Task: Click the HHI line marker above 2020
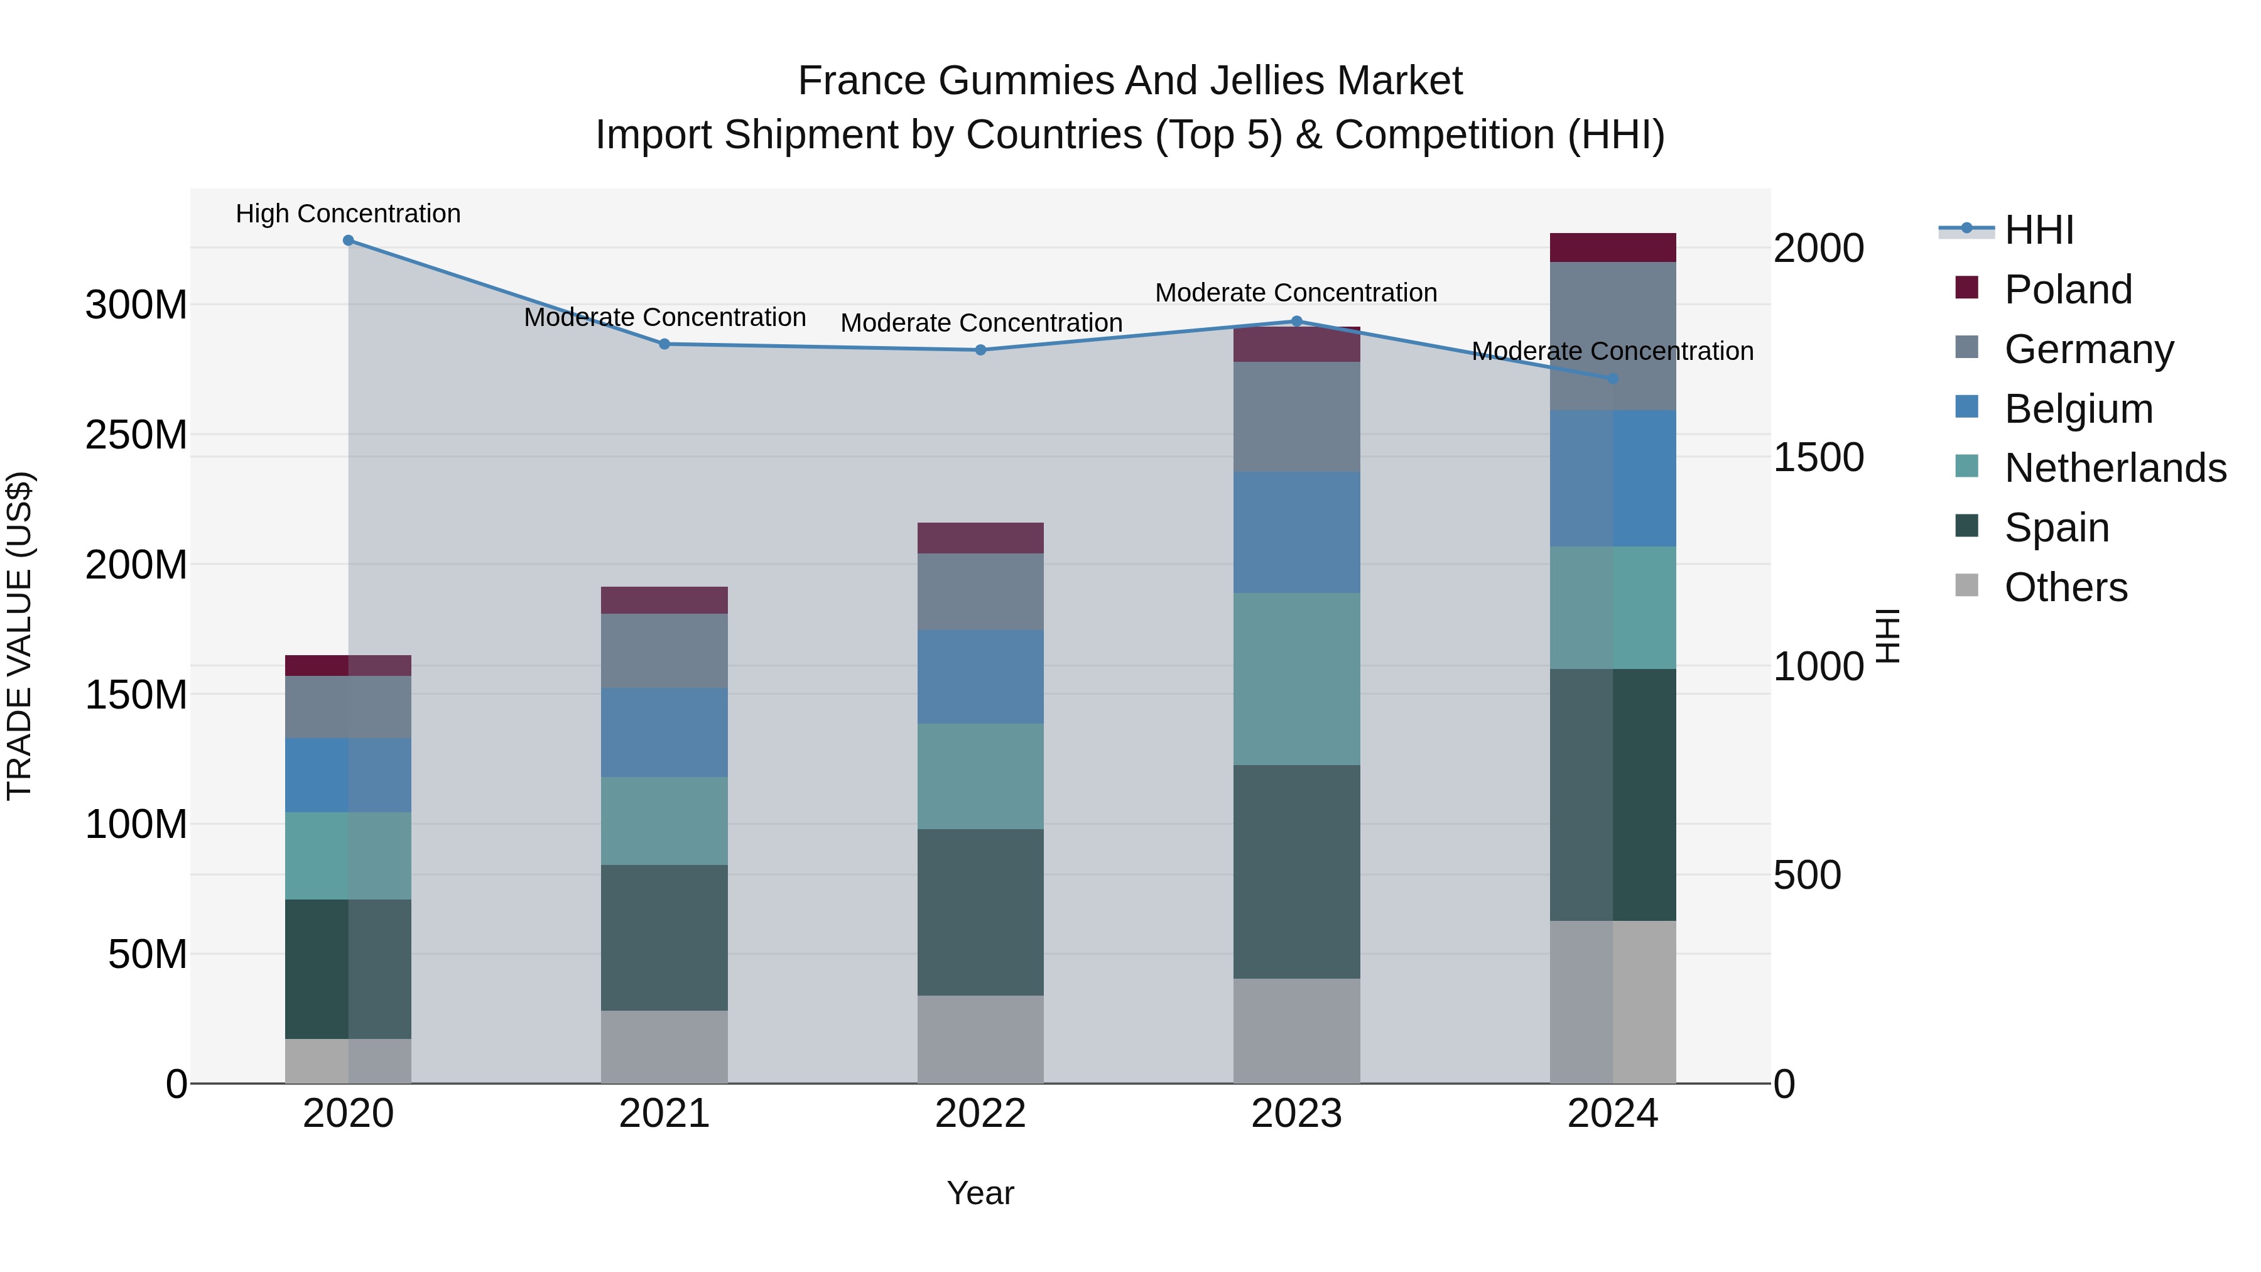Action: coord(349,240)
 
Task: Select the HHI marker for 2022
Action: coord(980,349)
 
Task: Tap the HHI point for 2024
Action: coord(1612,378)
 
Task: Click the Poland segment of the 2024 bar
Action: coord(1612,247)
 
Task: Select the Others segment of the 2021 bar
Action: coord(664,1046)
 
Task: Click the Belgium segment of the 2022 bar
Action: coord(980,676)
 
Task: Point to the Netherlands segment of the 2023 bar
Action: coord(1296,678)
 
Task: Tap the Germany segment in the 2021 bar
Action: coord(664,651)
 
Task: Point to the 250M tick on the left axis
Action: coord(136,435)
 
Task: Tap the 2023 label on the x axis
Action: coord(1296,1114)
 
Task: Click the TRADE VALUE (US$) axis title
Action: coord(19,636)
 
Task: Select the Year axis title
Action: coord(980,1193)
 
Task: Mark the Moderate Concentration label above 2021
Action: coord(664,317)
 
